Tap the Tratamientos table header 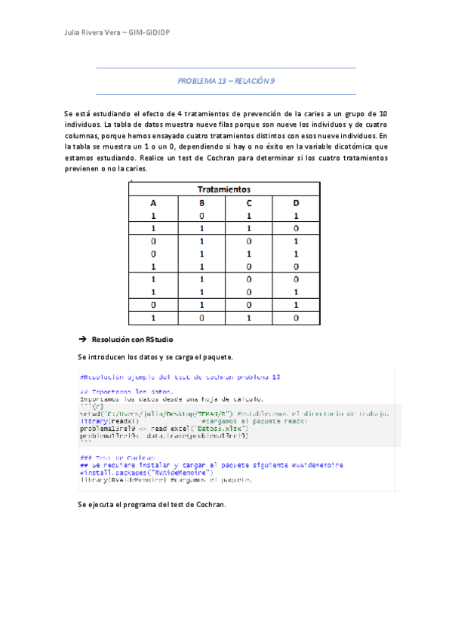click(224, 189)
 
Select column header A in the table click(153, 202)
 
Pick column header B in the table click(201, 202)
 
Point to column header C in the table click(248, 202)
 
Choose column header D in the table click(296, 202)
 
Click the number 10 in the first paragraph click(383, 112)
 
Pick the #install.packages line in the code click(137, 472)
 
